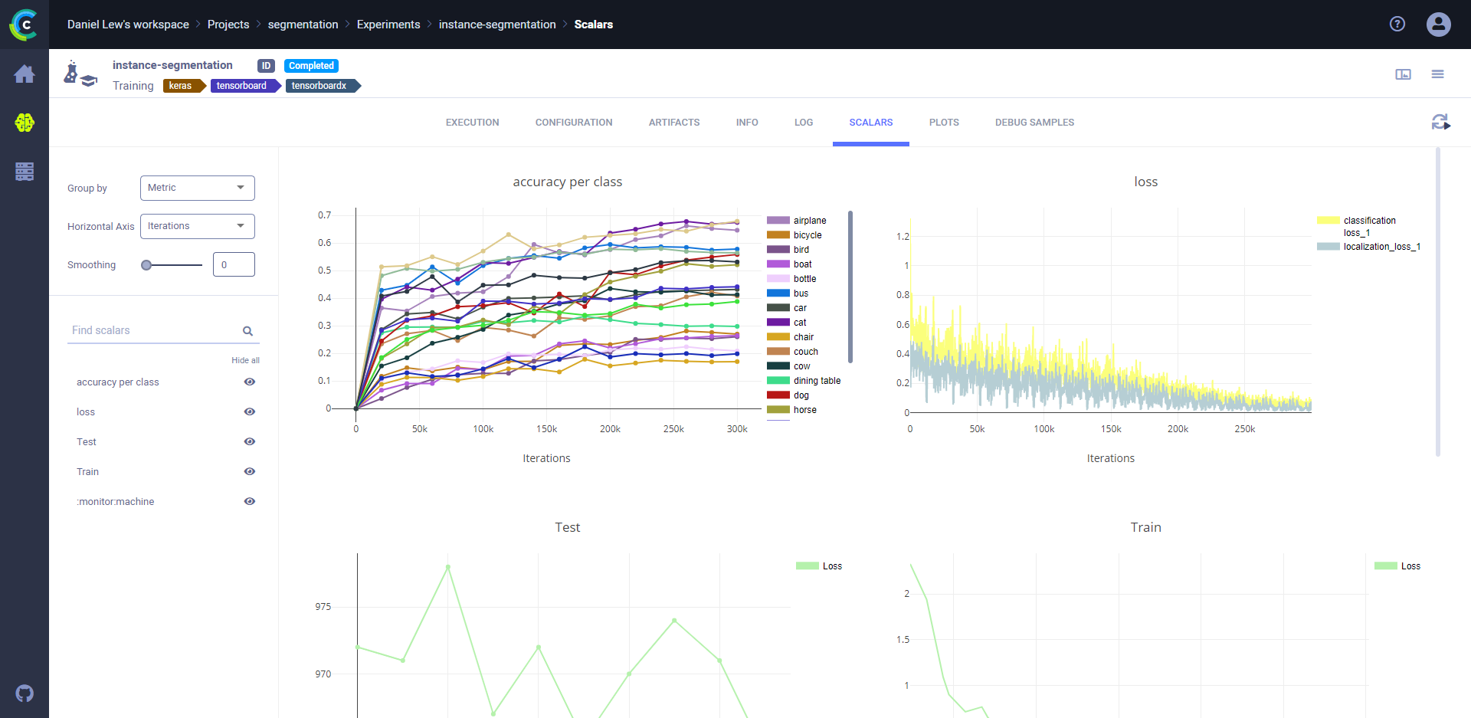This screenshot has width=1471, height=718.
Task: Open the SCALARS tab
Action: coord(870,123)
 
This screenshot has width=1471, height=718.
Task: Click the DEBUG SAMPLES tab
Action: coord(1034,123)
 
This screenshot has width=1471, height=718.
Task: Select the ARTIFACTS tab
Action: coord(674,123)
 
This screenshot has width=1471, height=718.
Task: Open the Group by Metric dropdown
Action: coord(197,188)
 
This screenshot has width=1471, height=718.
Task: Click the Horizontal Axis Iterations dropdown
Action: coord(197,226)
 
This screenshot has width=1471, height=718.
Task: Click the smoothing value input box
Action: coord(234,264)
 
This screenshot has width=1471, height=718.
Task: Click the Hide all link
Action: coord(245,360)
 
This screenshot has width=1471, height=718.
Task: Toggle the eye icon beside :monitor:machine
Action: coord(250,501)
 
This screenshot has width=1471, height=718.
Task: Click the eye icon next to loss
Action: coord(250,411)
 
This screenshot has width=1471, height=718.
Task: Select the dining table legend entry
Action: coord(817,381)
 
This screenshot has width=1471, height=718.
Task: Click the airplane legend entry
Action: coord(809,221)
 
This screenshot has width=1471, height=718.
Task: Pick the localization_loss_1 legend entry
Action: coord(1381,247)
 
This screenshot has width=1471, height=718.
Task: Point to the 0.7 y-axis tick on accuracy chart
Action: coord(325,215)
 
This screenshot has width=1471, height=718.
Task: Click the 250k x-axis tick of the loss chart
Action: coord(1245,429)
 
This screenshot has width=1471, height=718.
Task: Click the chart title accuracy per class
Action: coord(567,182)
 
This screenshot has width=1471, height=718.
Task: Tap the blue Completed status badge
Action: coord(311,66)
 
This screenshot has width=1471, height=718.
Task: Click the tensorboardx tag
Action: coord(319,86)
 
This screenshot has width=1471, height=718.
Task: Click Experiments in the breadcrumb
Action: coord(388,25)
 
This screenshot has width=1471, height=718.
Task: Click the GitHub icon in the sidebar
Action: coord(25,693)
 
